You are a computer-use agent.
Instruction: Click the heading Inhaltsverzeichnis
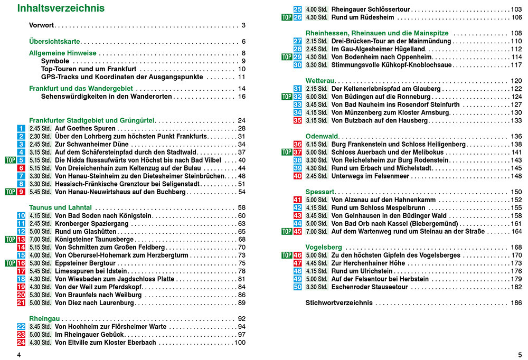[x=61, y=8]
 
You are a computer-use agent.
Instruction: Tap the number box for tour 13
[x=21, y=239]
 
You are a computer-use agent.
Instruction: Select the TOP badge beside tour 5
[x=10, y=160]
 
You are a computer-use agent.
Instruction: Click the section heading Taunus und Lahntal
[x=60, y=207]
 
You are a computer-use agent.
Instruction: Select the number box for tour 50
[x=297, y=287]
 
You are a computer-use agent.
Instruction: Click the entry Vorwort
[x=42, y=25]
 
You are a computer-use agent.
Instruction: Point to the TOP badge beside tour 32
[x=286, y=97]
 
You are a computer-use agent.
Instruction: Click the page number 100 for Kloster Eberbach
[x=240, y=343]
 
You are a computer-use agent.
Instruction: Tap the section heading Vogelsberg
[x=324, y=247]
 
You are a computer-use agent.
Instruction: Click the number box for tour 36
[x=297, y=144]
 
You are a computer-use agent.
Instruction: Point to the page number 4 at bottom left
[x=19, y=354]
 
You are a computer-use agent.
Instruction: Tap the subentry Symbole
[x=55, y=61]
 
